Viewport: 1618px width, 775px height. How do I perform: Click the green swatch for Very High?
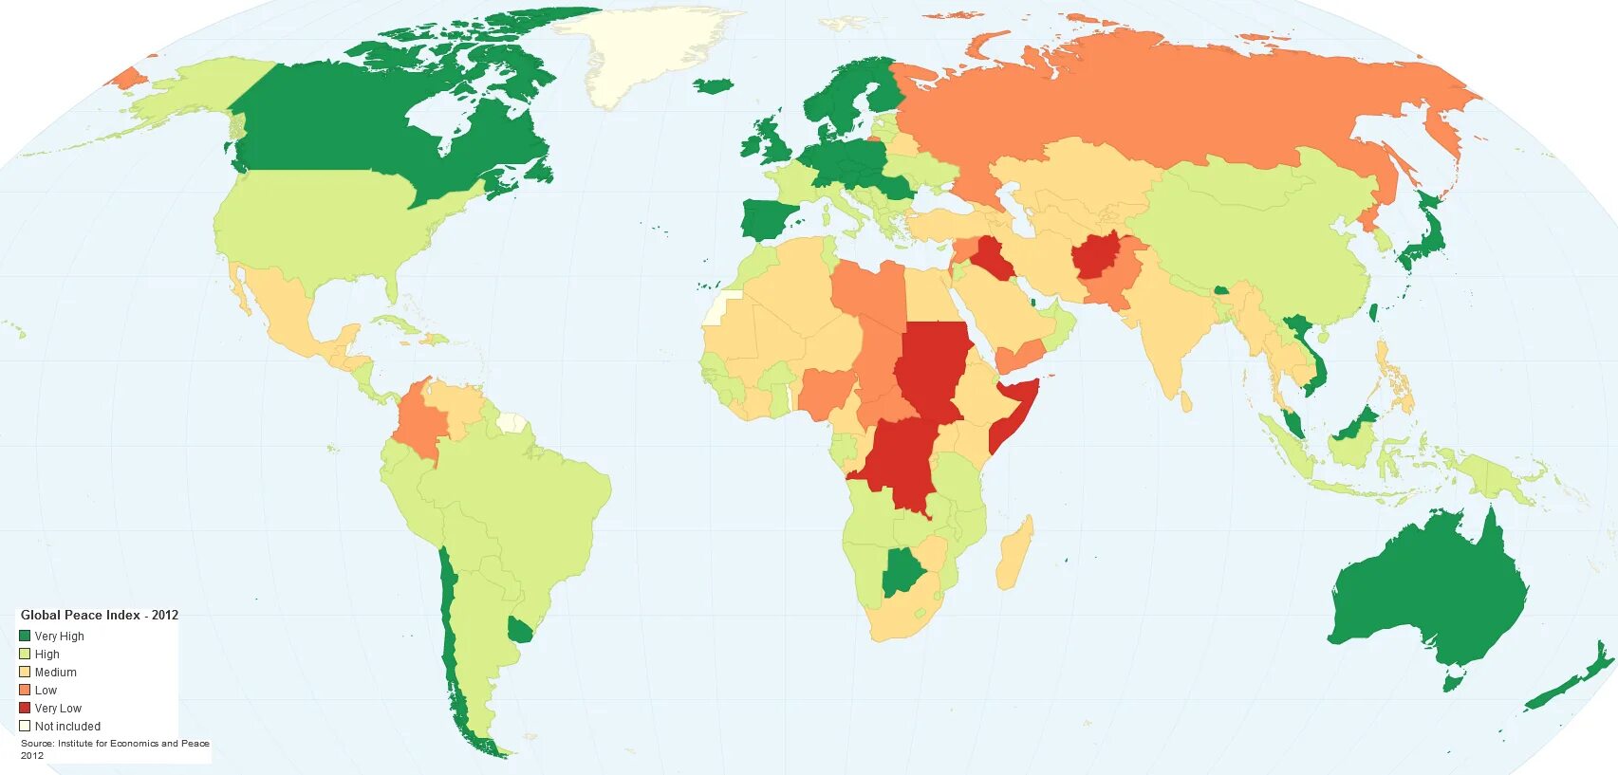click(x=25, y=636)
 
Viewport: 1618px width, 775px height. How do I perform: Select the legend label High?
click(x=47, y=655)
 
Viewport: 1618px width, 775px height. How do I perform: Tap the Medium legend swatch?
click(x=25, y=672)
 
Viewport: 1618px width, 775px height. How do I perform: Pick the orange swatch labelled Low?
click(x=25, y=690)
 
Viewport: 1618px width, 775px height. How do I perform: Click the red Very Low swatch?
click(x=25, y=708)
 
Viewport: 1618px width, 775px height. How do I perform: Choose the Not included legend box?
click(x=25, y=726)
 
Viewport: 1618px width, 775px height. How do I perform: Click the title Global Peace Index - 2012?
click(x=100, y=615)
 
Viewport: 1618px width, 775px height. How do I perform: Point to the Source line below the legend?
click(x=115, y=744)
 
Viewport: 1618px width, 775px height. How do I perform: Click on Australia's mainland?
click(x=1423, y=588)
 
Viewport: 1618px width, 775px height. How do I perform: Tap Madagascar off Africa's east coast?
click(x=1014, y=555)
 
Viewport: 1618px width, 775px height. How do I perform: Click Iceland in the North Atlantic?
click(x=713, y=85)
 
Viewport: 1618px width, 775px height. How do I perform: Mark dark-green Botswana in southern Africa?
click(x=902, y=572)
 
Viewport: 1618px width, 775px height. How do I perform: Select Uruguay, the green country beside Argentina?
click(x=520, y=630)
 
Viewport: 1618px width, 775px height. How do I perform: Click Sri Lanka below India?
click(x=1185, y=402)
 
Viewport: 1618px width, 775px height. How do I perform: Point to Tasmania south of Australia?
click(x=1453, y=679)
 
